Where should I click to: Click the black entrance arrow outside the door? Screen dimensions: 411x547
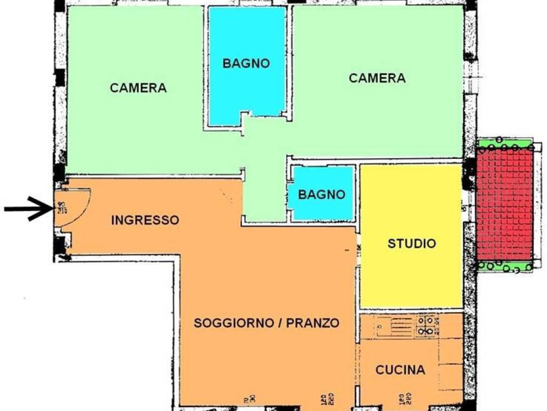point(27,209)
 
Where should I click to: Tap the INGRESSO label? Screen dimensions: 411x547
point(145,220)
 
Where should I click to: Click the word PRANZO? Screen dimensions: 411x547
point(312,323)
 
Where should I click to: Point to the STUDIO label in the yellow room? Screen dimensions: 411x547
point(411,244)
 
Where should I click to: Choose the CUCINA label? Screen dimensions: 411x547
point(400,370)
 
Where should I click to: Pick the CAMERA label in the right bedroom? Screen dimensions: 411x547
point(377,78)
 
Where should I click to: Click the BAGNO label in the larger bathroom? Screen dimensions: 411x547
point(246,63)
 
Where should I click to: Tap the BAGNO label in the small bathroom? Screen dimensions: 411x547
point(322,195)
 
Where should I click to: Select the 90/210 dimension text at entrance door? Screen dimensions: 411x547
point(61,207)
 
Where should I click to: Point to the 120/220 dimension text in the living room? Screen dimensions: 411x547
point(326,399)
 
